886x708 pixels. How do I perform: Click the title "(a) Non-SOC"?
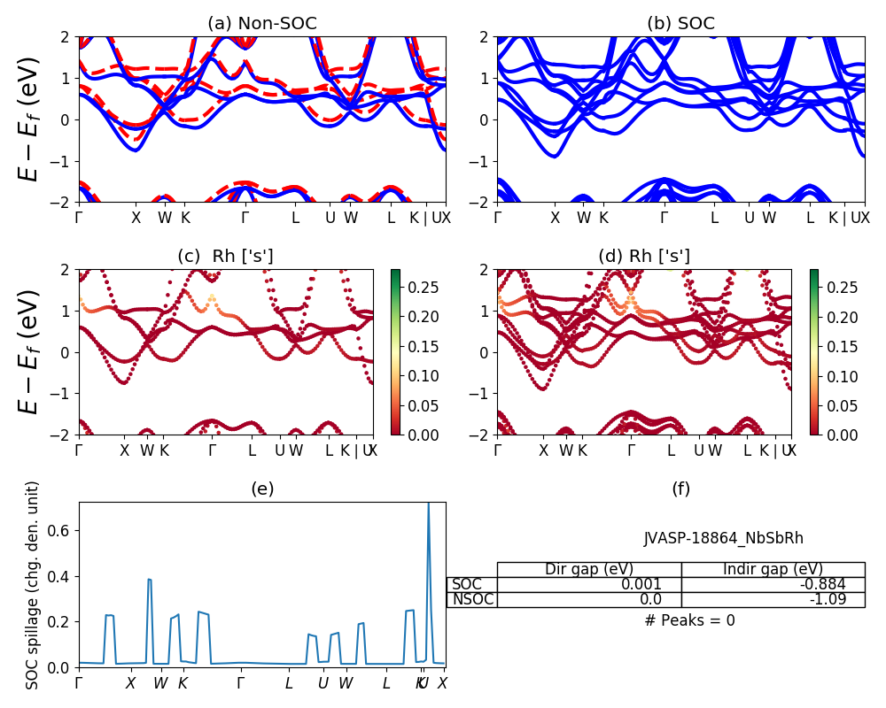point(261,24)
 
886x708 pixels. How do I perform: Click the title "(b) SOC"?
point(680,24)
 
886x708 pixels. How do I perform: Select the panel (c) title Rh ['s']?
point(225,256)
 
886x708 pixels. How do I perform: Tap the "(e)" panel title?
point(261,489)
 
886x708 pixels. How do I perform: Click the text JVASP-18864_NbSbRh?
point(724,538)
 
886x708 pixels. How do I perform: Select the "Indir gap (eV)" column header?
point(773,569)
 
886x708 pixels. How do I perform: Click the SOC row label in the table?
point(467,584)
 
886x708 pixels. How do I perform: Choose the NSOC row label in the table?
point(472,599)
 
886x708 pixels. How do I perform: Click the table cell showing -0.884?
point(773,584)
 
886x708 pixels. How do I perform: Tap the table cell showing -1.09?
point(773,599)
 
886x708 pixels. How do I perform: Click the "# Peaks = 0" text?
point(689,620)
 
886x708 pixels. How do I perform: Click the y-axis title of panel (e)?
point(33,585)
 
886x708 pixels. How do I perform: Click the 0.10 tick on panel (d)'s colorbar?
point(842,375)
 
